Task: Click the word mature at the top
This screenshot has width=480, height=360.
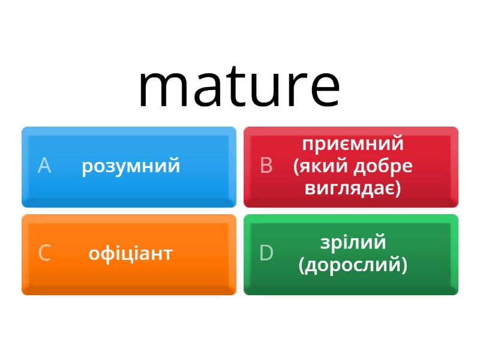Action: point(239,86)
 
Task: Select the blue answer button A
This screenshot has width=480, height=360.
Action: point(129,167)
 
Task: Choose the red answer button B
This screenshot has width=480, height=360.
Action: point(351,167)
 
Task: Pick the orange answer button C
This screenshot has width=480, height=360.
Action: point(129,254)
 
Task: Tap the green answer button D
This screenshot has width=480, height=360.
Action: point(351,254)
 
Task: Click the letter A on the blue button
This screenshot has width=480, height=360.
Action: point(44,166)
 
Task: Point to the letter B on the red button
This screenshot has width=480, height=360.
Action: point(266,166)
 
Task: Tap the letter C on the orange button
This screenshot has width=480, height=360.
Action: point(44,253)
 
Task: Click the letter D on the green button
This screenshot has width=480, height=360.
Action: point(266,253)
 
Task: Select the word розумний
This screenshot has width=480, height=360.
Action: point(131,167)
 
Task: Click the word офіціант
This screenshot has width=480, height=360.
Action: point(131,254)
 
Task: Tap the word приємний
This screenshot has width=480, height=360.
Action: point(353,144)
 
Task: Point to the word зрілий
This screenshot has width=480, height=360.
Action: point(353,242)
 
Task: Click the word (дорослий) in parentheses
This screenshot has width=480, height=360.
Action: point(353,265)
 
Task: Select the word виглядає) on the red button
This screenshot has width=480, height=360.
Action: point(353,188)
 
